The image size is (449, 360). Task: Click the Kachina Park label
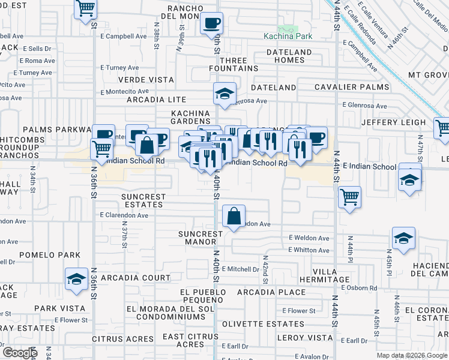click(x=288, y=36)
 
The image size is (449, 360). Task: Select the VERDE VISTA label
click(x=146, y=79)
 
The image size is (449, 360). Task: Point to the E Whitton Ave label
click(x=309, y=250)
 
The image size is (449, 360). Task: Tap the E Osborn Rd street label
click(x=359, y=288)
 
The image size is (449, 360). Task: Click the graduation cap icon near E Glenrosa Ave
click(x=224, y=94)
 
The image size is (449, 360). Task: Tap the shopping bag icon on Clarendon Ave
click(x=234, y=217)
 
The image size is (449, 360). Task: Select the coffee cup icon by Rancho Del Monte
click(x=211, y=23)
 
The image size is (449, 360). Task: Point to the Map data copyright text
click(x=411, y=355)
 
